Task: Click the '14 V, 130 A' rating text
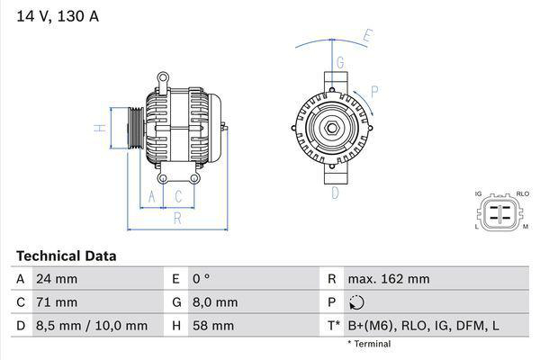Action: (55, 14)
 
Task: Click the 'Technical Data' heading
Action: (66, 256)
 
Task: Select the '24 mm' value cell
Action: (55, 279)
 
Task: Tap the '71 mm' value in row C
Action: (55, 302)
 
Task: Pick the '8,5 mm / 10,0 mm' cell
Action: (90, 326)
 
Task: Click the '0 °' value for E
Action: (201, 279)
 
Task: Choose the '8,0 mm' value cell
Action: (215, 302)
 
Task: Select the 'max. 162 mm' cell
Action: (390, 279)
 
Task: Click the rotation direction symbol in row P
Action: (357, 302)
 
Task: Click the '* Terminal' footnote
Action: (369, 344)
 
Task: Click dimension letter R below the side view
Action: (177, 217)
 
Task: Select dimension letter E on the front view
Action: (367, 38)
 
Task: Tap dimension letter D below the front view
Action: (334, 193)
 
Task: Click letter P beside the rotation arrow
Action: (373, 91)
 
